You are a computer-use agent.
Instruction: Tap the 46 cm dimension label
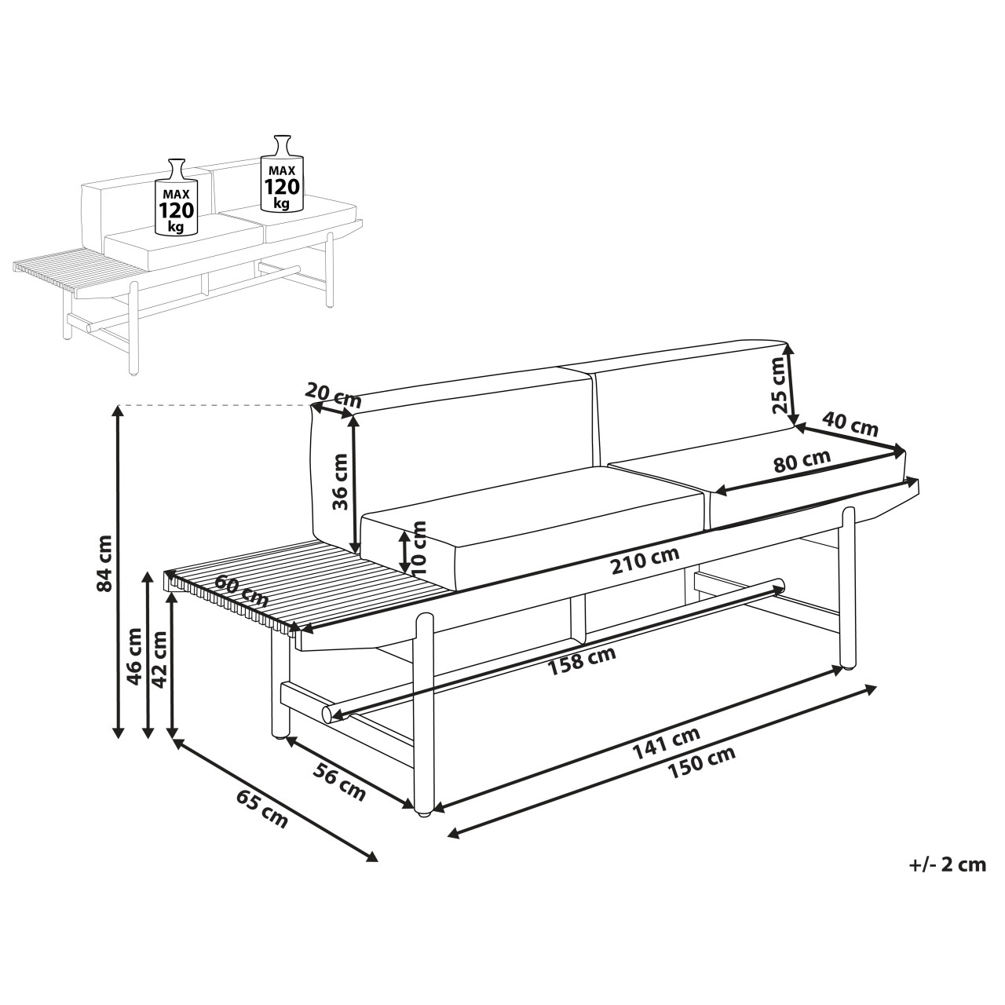[x=134, y=656]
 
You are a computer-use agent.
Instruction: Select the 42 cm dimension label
[x=159, y=660]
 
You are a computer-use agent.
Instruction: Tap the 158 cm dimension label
[x=581, y=660]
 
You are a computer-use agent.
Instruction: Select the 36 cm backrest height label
[x=340, y=481]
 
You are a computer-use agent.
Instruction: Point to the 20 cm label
[x=333, y=395]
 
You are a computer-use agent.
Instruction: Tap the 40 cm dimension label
[x=850, y=423]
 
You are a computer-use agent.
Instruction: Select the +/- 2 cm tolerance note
[x=948, y=864]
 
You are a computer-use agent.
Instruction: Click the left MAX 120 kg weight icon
[x=177, y=196]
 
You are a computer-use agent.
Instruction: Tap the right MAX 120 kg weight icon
[x=282, y=174]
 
